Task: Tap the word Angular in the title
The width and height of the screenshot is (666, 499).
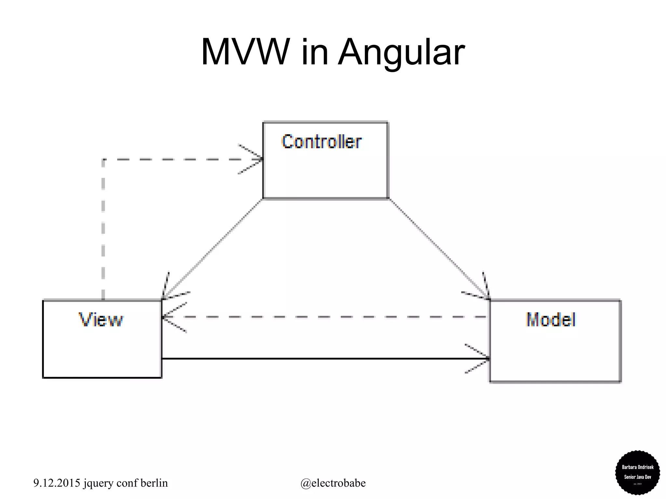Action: pos(401,53)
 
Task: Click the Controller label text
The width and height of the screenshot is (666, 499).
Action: pos(321,142)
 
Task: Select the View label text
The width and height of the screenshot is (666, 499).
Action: pos(101,320)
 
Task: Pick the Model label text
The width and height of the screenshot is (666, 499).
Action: pos(551,320)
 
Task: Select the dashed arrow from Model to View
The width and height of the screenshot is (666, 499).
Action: pos(325,317)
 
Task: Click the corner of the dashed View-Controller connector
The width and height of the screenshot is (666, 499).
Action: pos(103,160)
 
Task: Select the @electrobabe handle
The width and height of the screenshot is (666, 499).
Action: pos(333,483)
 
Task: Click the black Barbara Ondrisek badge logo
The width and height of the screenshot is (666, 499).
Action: pos(637,472)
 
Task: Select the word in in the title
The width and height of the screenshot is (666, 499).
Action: pos(314,53)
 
